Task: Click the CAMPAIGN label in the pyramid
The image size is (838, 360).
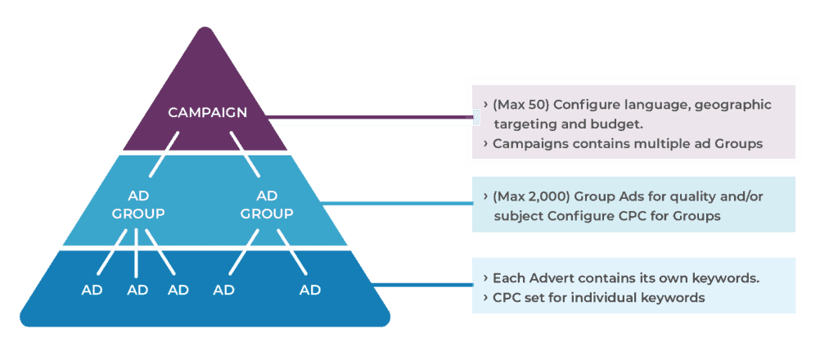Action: pyautogui.click(x=207, y=112)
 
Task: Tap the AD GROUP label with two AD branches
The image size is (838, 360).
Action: pyautogui.click(x=268, y=205)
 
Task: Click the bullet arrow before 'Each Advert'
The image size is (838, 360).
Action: pyautogui.click(x=486, y=278)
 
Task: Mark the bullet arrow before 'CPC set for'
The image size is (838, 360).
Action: pyautogui.click(x=486, y=298)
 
